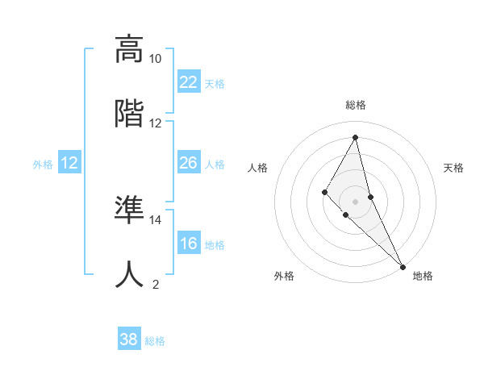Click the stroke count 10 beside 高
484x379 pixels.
click(156, 59)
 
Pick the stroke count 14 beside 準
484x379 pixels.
click(156, 219)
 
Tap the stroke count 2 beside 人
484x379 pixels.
click(156, 284)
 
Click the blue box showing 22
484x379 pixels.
click(188, 82)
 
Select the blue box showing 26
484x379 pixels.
click(188, 163)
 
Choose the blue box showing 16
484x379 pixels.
click(188, 244)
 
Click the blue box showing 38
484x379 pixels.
click(129, 339)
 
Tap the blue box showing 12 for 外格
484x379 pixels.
click(69, 163)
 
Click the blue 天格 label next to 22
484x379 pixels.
click(215, 83)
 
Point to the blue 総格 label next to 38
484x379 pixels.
click(155, 340)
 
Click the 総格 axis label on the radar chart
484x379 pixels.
click(356, 105)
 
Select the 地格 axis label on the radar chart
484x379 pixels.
click(423, 276)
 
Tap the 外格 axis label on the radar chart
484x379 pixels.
click(284, 276)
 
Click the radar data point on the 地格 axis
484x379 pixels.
click(403, 266)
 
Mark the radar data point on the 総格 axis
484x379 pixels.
click(356, 136)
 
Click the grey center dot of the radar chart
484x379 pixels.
click(356, 201)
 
